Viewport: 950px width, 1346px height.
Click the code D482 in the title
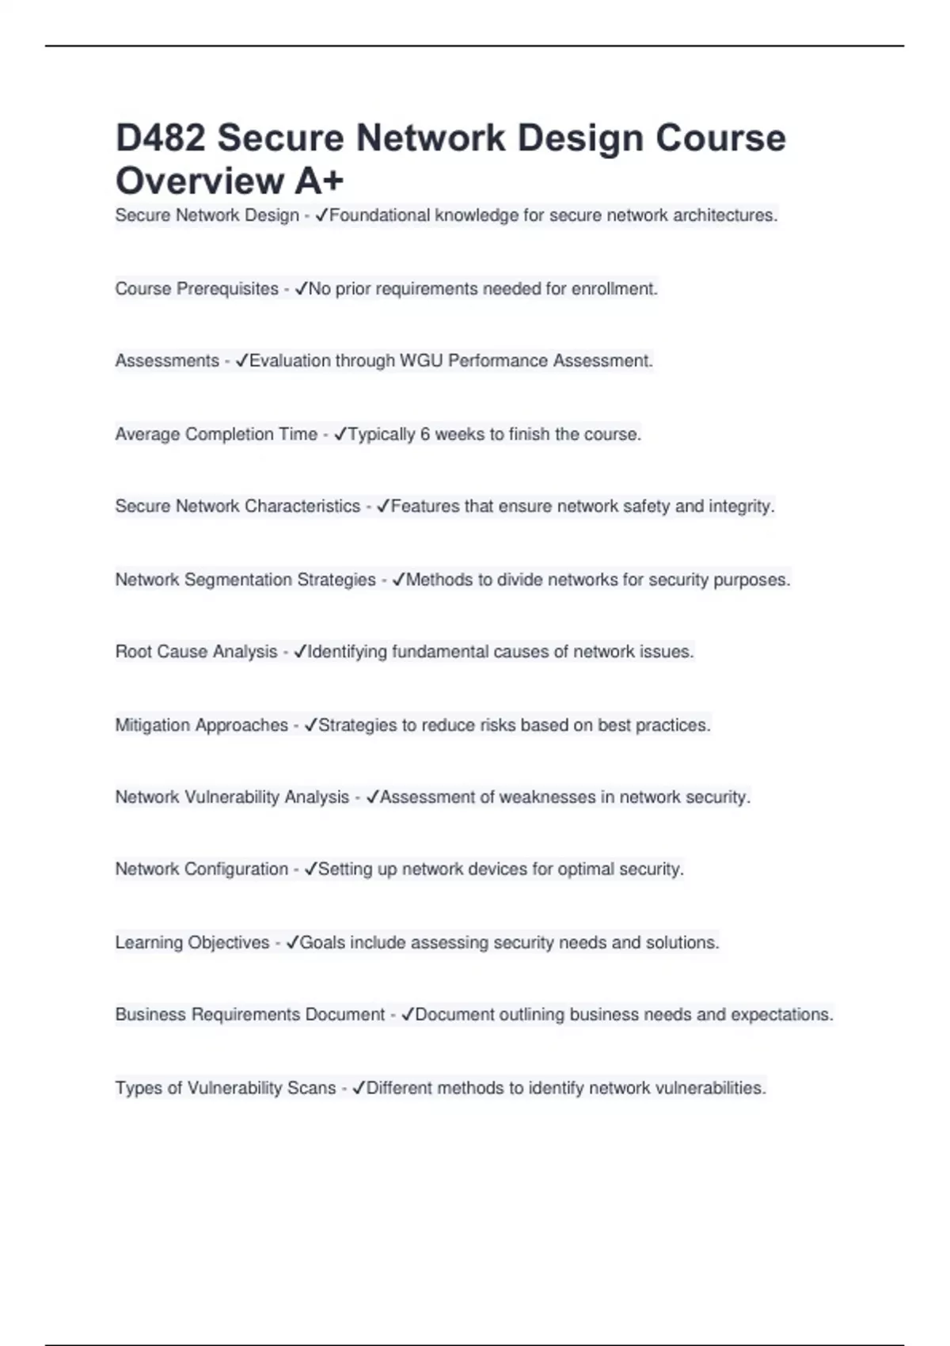(161, 138)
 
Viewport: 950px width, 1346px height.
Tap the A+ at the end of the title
(319, 181)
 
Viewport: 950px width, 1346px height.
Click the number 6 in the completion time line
(425, 435)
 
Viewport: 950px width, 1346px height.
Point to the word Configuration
(236, 869)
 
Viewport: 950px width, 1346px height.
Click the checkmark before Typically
(340, 434)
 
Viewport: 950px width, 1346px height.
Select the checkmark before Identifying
(299, 652)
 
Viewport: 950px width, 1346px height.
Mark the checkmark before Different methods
(358, 1088)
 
